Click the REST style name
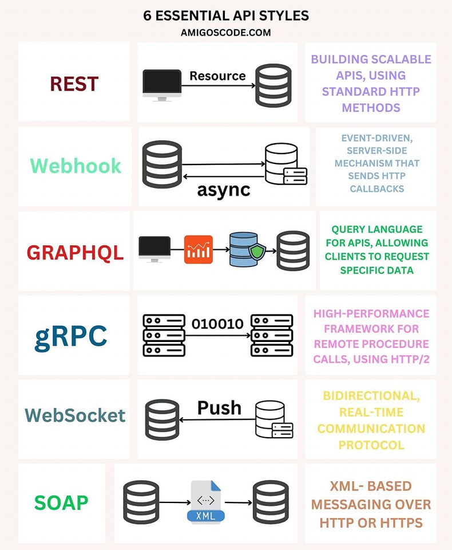[74, 84]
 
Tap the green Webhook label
[76, 166]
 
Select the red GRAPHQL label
[75, 252]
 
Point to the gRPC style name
[70, 336]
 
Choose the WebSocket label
[75, 415]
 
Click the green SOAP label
[61, 502]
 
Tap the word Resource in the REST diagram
[217, 76]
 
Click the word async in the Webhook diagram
[224, 190]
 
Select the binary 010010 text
[217, 324]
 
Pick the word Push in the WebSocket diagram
[219, 407]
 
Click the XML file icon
[205, 502]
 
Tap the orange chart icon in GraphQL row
[199, 250]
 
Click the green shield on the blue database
[256, 251]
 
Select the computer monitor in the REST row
[162, 85]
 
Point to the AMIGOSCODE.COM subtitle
[225, 33]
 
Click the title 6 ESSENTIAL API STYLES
[226, 15]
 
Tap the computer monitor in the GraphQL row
[154, 249]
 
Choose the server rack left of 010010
[164, 335]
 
